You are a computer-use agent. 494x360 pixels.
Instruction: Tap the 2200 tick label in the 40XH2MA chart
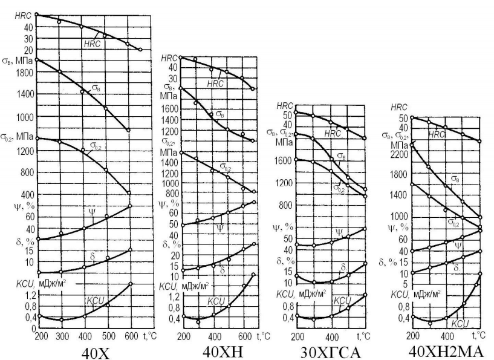[399, 154]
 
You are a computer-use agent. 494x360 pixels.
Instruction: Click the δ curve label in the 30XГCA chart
[343, 267]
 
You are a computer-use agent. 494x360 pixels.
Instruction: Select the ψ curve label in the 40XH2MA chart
[458, 245]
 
